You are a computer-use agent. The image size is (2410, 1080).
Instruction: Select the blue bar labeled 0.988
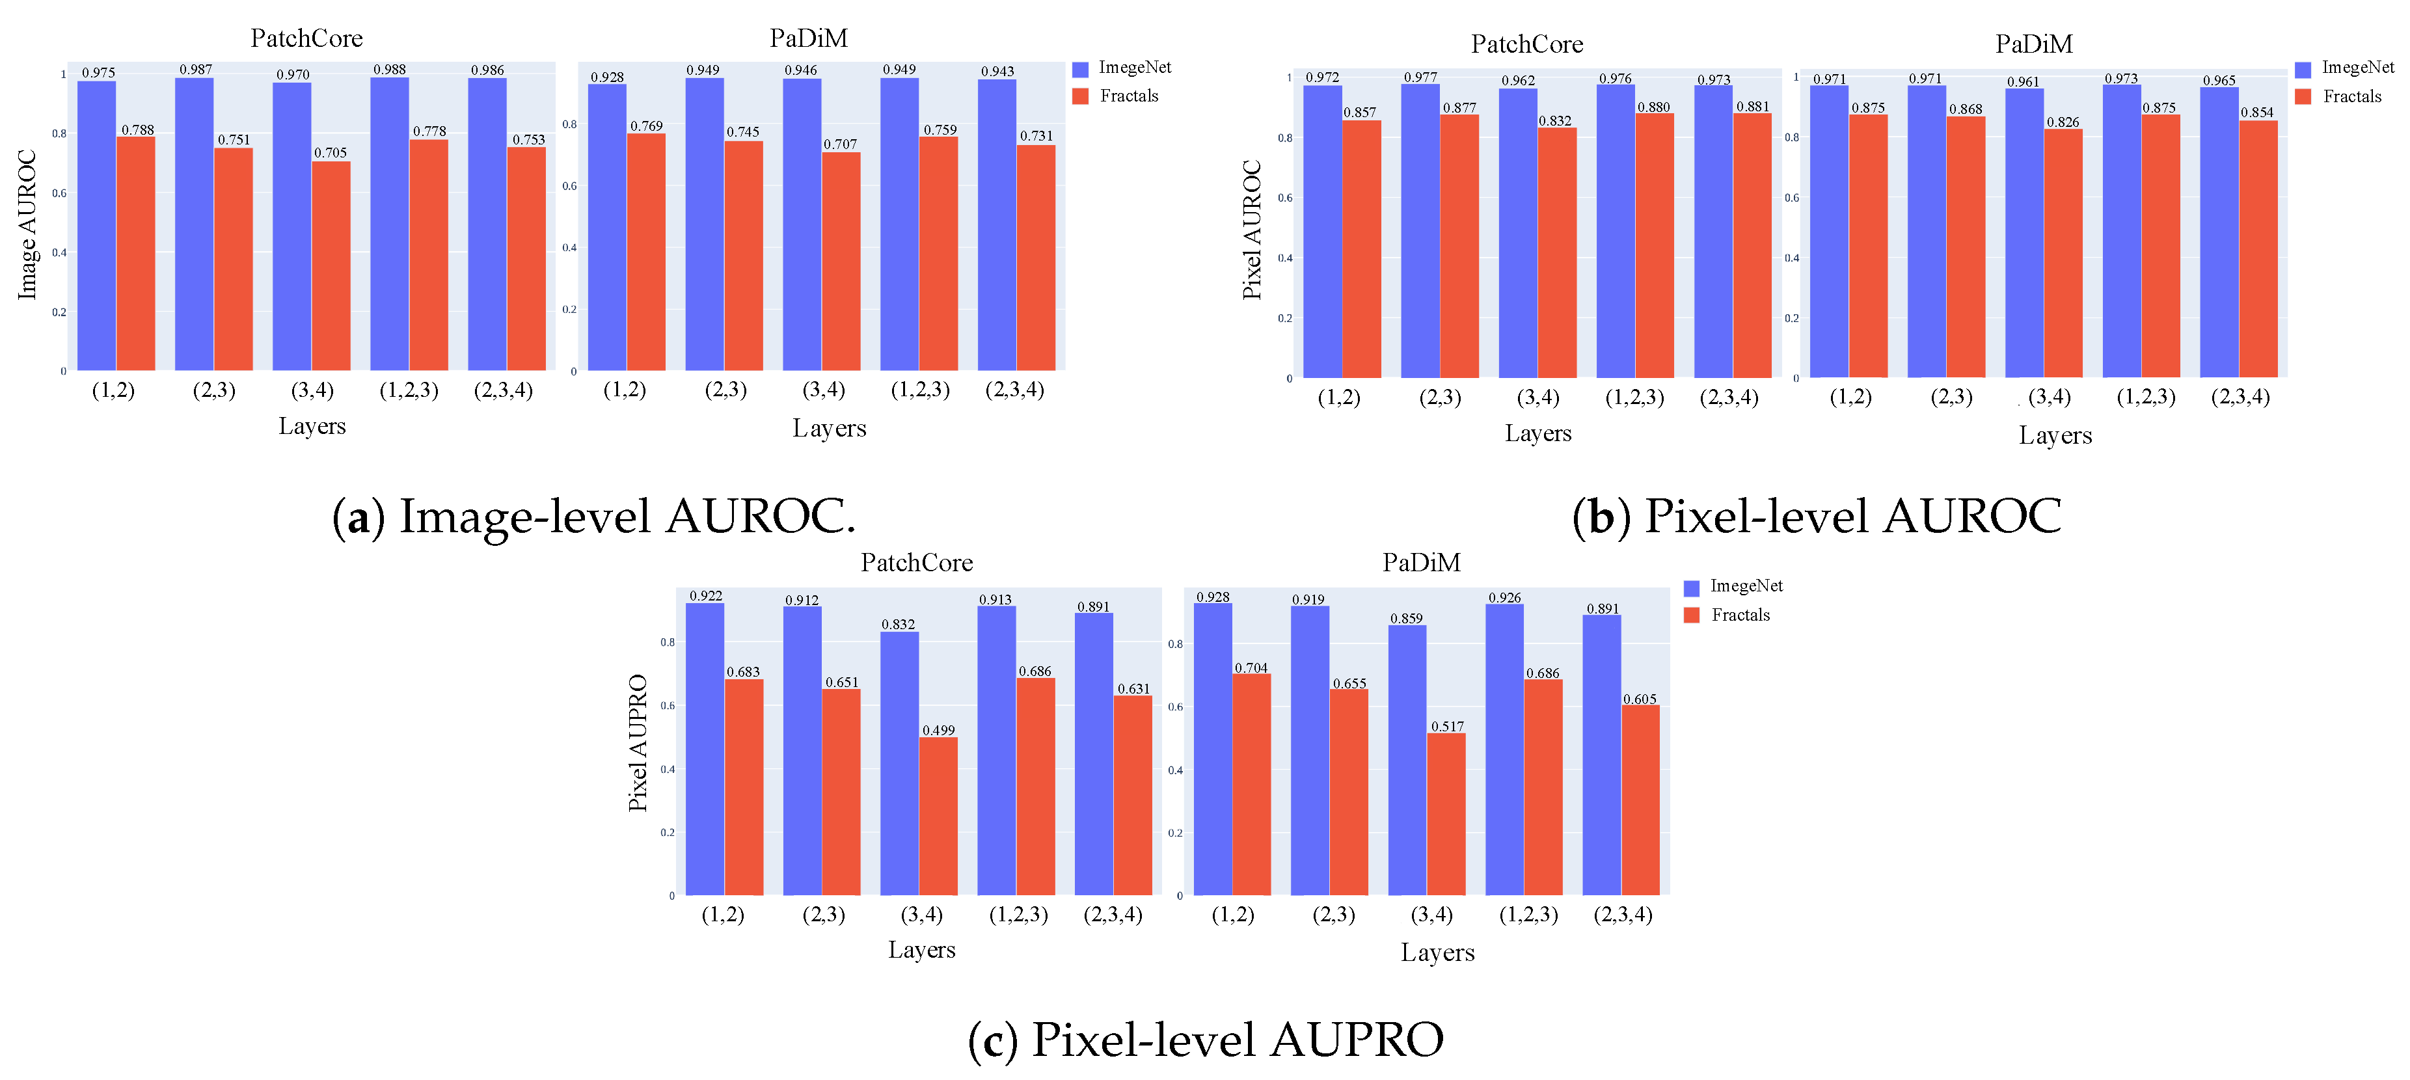click(389, 224)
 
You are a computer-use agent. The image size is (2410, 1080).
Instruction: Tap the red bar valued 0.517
click(1446, 814)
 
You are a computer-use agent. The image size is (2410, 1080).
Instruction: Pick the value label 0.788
click(137, 130)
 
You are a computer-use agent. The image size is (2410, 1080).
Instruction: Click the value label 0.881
click(1752, 107)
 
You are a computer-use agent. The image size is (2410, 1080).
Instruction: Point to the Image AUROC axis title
click(27, 224)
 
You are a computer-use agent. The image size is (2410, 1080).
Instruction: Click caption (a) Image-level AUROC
click(594, 517)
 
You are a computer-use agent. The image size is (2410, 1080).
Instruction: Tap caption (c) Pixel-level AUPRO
click(1206, 1040)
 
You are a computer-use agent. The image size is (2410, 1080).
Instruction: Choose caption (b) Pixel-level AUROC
click(1817, 517)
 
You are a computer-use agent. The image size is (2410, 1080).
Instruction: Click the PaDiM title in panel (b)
click(2033, 44)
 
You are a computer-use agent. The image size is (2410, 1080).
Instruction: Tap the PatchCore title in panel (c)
click(916, 563)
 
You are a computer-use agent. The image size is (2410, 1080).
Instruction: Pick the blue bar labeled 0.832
click(899, 763)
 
